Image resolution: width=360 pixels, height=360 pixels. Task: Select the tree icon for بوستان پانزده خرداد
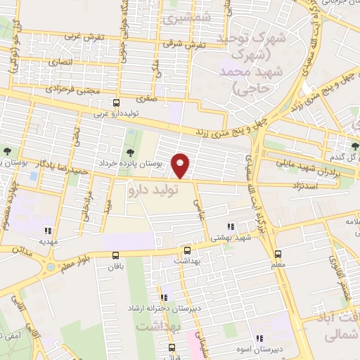(x=129, y=153)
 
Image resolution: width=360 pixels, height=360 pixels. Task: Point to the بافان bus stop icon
(x=116, y=256)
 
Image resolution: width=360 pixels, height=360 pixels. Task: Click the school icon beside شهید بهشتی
(x=230, y=227)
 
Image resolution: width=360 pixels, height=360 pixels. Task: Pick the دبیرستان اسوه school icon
(x=259, y=338)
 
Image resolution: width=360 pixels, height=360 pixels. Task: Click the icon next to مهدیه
(x=47, y=229)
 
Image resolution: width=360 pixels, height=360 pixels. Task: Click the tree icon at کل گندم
(x=355, y=146)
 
